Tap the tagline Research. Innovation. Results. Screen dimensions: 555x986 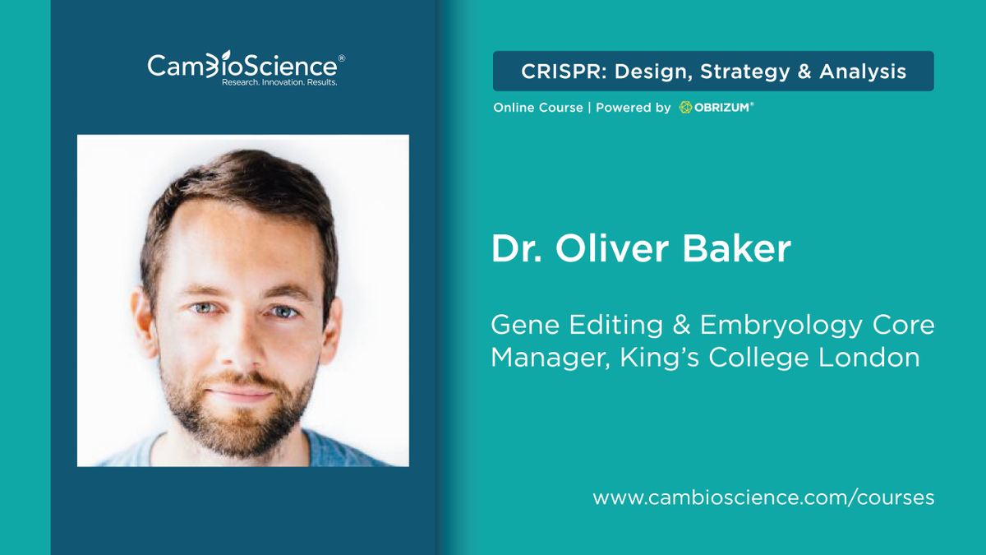click(279, 83)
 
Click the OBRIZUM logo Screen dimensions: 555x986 click(716, 108)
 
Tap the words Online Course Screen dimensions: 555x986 click(537, 108)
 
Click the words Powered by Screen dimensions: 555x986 click(633, 108)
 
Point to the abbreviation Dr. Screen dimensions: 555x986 click(514, 249)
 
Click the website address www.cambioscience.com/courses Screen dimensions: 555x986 click(763, 497)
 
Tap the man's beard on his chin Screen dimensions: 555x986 click(241, 419)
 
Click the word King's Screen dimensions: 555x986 click(650, 358)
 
